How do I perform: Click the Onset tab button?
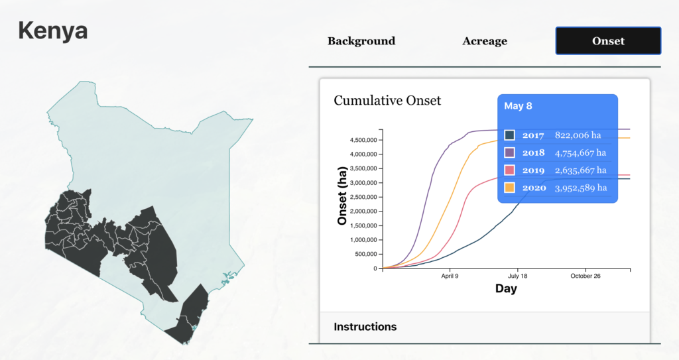[x=608, y=40]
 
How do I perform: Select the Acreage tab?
[x=485, y=40]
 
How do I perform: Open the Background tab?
[x=361, y=40]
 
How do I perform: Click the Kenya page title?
[x=53, y=30]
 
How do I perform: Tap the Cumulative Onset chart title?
[x=387, y=101]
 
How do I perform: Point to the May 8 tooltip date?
[x=518, y=106]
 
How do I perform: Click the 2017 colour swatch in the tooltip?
[x=510, y=135]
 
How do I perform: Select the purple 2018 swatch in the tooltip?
[x=510, y=152]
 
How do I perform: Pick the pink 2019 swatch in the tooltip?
[x=510, y=170]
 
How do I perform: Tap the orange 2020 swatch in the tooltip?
[x=510, y=188]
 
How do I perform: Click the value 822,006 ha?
[x=578, y=135]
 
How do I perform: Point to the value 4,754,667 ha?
[x=580, y=153]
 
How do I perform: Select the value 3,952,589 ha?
[x=581, y=188]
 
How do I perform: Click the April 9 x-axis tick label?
[x=450, y=276]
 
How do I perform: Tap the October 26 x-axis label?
[x=586, y=276]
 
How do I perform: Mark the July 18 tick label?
[x=517, y=276]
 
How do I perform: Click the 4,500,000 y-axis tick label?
[x=363, y=140]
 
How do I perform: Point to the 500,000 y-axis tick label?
[x=366, y=255]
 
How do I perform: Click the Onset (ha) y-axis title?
[x=342, y=196]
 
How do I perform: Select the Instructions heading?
[x=365, y=327]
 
